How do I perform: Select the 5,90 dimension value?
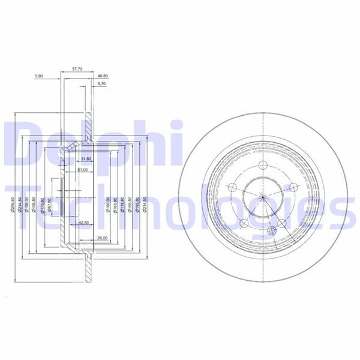[40, 76]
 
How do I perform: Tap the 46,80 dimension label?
[102, 76]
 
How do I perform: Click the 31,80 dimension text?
[85, 159]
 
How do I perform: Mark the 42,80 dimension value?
[84, 223]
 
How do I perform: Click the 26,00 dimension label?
[101, 238]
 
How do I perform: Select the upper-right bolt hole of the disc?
[293, 188]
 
